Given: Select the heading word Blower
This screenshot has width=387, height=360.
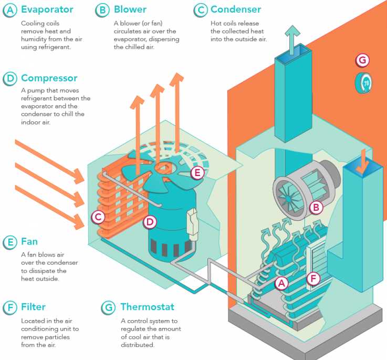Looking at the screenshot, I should pos(130,9).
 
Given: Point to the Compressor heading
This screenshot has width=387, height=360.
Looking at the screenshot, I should pos(49,78).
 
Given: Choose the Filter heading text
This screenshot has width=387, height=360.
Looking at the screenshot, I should pos(33,306).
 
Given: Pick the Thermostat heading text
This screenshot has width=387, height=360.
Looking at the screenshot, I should pos(147,306).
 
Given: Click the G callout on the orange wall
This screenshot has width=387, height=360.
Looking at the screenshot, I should pos(362,60).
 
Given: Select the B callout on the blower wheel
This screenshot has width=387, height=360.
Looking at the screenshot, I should pos(316,208).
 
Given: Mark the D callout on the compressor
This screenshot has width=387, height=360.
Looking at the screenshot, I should pos(150,222).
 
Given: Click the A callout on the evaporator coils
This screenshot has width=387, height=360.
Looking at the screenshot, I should pos(282,283).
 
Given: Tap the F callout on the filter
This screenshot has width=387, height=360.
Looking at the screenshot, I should pos(313,279).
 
